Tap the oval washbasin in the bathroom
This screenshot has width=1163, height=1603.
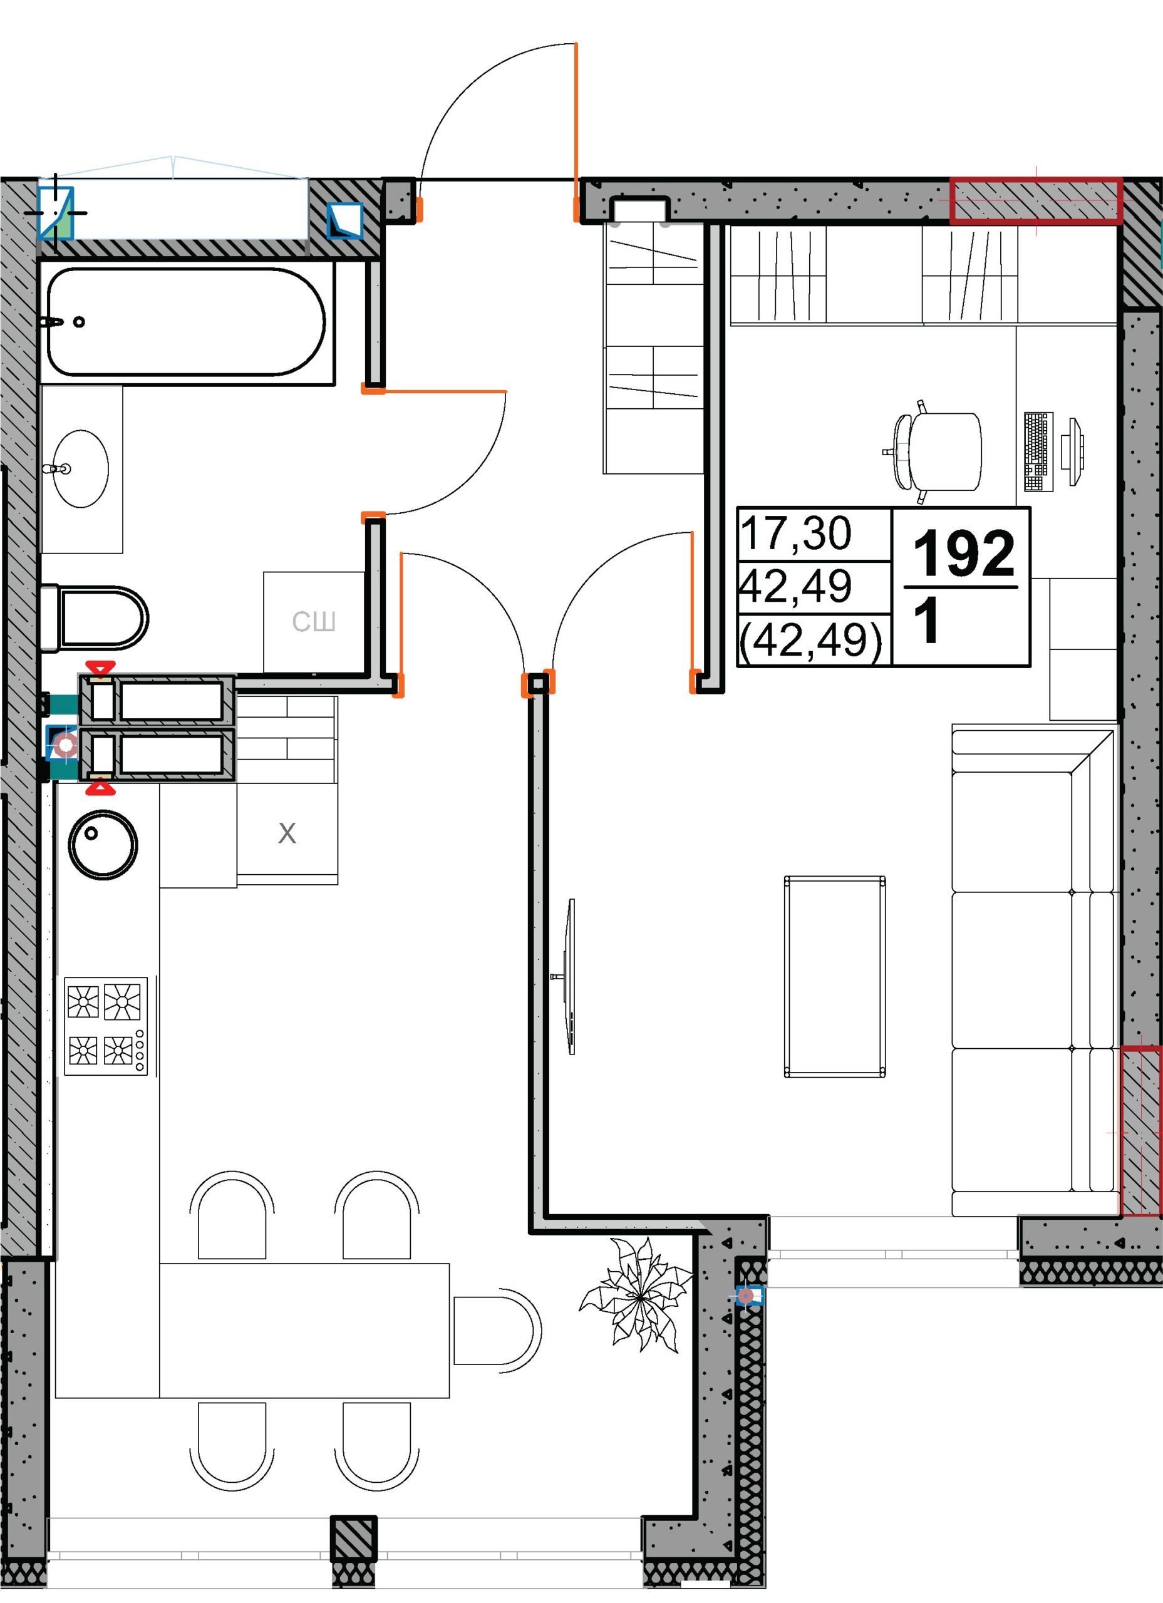[x=81, y=468]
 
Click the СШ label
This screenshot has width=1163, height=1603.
[x=314, y=622]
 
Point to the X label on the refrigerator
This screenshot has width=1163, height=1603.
[x=287, y=833]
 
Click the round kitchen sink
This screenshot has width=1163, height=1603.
[x=103, y=845]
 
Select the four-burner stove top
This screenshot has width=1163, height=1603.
[x=106, y=1026]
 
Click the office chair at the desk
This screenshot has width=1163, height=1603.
[x=934, y=451]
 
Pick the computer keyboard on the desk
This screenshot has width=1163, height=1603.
[x=1038, y=451]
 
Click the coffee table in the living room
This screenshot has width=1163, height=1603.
[x=835, y=977]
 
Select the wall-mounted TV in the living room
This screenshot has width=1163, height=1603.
[x=569, y=977]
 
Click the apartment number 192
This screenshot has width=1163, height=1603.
[x=964, y=554]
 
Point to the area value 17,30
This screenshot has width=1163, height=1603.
[x=796, y=533]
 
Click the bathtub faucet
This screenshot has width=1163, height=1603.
[x=53, y=322]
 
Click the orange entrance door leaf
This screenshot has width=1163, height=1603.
[x=576, y=131]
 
